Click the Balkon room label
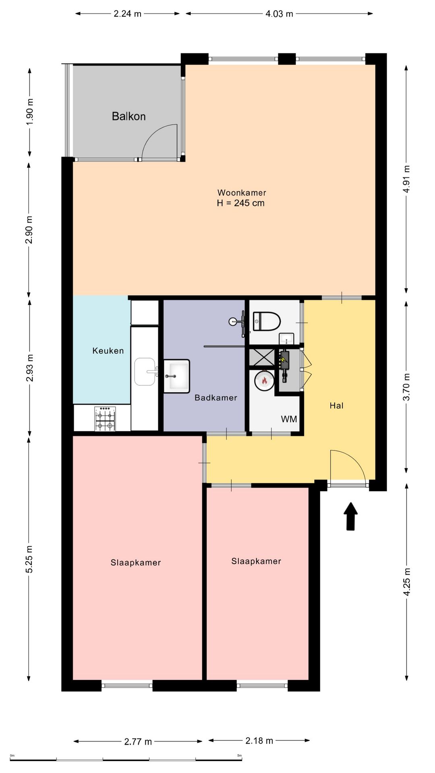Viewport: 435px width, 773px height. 128,116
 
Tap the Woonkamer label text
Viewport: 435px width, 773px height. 242,192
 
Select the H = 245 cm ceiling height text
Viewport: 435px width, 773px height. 241,203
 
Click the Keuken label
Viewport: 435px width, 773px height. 108,351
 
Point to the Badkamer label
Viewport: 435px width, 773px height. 216,398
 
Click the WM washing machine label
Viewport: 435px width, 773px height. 289,419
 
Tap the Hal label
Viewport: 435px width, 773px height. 337,405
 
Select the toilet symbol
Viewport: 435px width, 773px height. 266,321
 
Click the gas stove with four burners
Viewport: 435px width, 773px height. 105,419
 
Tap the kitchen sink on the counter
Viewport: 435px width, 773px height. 146,372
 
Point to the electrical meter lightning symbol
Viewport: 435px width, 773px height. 284,357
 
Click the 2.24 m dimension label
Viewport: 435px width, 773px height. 127,14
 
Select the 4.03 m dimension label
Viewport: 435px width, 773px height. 279,14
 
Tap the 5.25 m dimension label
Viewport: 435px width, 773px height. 29,559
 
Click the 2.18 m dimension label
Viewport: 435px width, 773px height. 259,740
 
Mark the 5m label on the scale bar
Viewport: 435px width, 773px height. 239,756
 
